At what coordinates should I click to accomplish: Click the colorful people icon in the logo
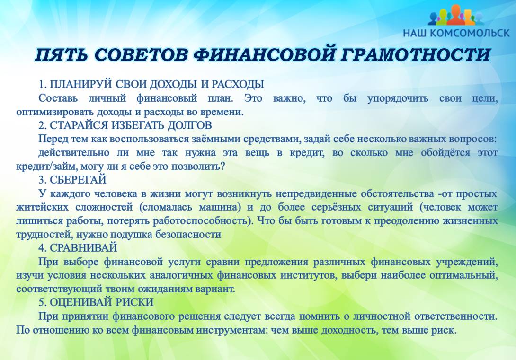coord(456,15)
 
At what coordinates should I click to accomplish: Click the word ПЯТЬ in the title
coord(62,55)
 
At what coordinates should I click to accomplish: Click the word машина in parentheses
coord(220,207)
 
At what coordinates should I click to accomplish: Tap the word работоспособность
coord(201,220)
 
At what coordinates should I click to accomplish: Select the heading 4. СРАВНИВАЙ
coord(78,247)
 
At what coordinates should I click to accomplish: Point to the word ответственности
coord(456,316)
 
